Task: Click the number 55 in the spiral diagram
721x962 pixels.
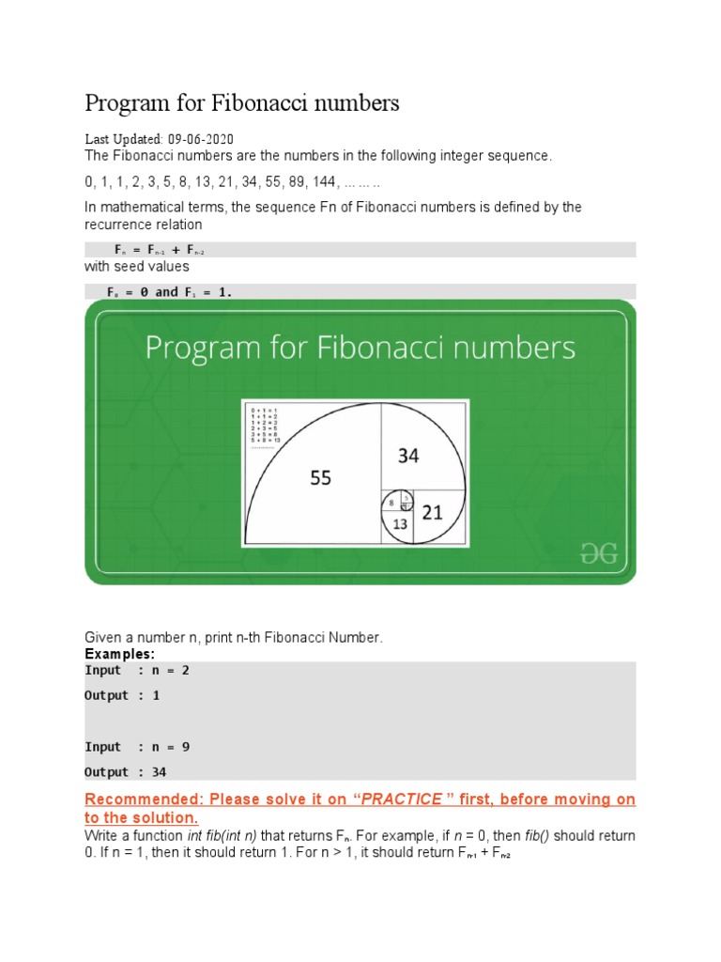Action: [321, 478]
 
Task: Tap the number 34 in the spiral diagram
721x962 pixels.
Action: [407, 456]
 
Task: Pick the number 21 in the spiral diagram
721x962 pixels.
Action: [432, 512]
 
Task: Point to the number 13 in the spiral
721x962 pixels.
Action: [400, 524]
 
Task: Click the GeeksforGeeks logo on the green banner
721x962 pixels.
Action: [599, 554]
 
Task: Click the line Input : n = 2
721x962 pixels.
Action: [143, 670]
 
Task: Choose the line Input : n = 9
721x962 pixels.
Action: [143, 747]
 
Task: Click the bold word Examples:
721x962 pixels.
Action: [120, 653]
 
